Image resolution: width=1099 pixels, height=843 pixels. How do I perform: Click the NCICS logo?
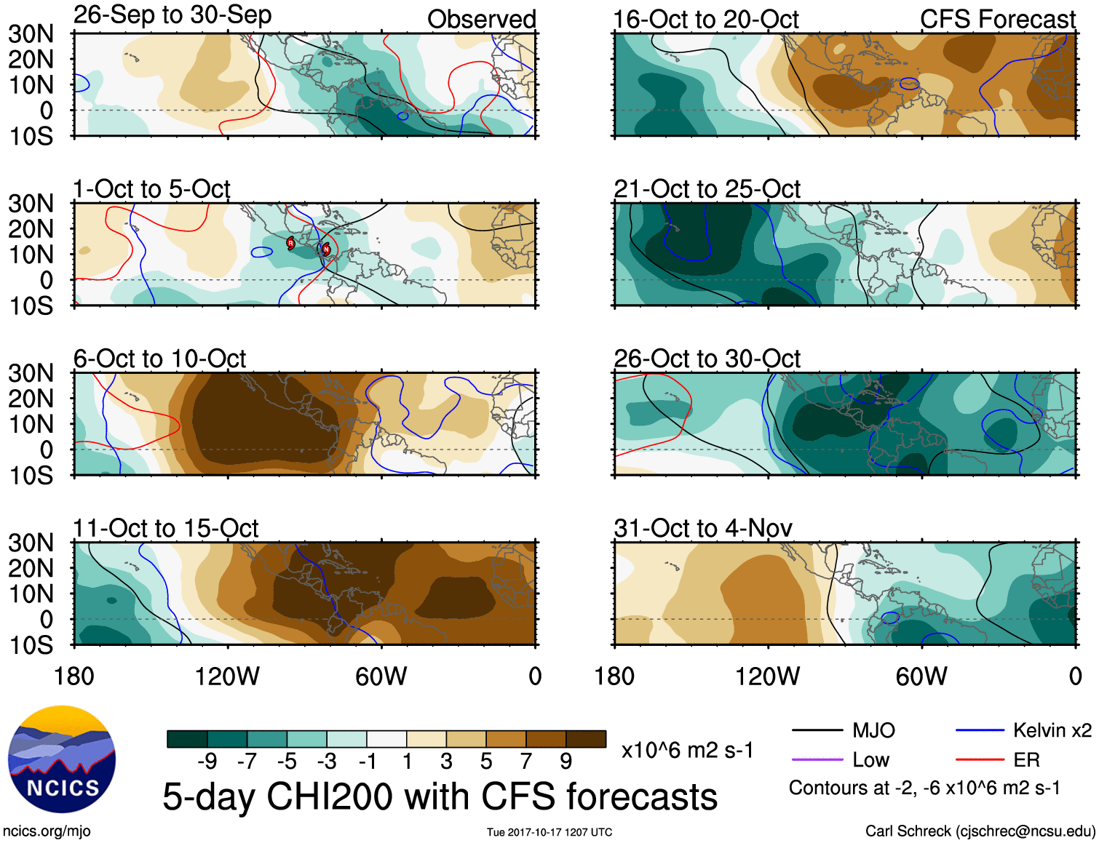(x=62, y=759)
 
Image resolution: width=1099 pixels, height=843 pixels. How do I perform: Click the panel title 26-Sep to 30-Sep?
(x=172, y=15)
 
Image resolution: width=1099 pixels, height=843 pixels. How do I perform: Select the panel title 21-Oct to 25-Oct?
(x=707, y=189)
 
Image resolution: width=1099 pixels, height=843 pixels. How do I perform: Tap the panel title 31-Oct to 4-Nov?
(x=703, y=528)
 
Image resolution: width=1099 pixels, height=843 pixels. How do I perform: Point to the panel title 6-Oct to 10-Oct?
(x=159, y=359)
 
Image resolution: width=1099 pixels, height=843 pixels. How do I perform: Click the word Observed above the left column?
(x=481, y=20)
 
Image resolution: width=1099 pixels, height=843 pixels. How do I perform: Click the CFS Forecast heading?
(x=997, y=20)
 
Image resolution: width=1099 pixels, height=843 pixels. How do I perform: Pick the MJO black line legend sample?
(x=817, y=730)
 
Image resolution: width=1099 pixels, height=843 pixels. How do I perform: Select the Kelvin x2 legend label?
(x=1052, y=730)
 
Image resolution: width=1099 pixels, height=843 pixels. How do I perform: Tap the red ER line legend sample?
(x=980, y=760)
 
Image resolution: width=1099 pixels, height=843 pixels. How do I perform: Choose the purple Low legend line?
(x=817, y=760)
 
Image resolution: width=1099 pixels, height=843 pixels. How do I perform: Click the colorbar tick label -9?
(x=207, y=762)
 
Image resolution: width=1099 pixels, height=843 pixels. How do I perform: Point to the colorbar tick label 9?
(x=566, y=762)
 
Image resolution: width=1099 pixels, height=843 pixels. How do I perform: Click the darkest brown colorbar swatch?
(x=586, y=739)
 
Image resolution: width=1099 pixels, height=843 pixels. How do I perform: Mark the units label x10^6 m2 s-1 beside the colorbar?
(x=687, y=750)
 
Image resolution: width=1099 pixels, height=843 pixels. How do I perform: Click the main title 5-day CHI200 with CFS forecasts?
(x=440, y=796)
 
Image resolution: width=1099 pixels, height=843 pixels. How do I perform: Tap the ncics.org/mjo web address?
(x=47, y=831)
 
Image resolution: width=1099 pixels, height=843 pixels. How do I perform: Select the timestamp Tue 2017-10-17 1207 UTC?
(x=549, y=832)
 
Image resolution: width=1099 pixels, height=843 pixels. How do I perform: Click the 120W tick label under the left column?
(x=227, y=676)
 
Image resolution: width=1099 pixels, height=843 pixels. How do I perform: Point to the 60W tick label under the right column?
(x=921, y=676)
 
